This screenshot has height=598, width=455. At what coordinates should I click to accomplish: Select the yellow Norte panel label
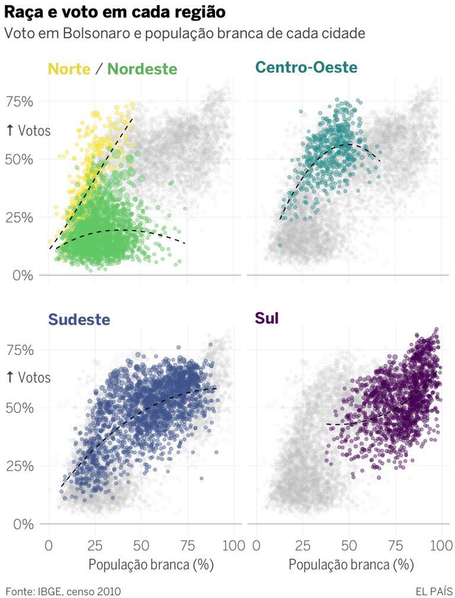69,69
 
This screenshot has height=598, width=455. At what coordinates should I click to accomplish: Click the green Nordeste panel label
142,69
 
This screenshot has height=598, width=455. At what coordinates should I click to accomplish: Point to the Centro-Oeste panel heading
306,68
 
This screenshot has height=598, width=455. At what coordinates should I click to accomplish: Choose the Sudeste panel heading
79,319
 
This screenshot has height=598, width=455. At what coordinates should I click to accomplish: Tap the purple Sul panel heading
267,318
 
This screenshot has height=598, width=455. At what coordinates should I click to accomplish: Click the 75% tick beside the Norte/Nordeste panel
20,101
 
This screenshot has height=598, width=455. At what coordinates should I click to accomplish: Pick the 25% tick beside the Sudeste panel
20,466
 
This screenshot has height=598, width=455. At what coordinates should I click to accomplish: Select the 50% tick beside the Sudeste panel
20,408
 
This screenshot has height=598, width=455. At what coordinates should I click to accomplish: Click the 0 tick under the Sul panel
257,545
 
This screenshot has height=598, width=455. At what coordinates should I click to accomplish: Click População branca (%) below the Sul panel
351,565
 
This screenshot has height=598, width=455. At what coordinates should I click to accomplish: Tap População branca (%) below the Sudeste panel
150,565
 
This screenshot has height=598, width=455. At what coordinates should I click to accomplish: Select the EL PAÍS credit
434,591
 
